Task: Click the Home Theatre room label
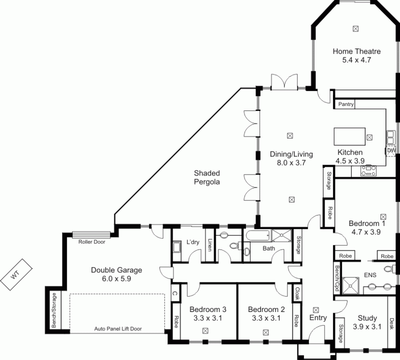[x=356, y=51]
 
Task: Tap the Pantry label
[x=346, y=104]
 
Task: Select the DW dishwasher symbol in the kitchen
[x=391, y=150]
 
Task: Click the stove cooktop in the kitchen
[x=368, y=170]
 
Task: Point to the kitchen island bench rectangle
[x=349, y=136]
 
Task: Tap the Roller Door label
[x=92, y=242]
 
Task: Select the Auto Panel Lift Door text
[x=118, y=329]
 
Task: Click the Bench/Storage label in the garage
[x=54, y=310]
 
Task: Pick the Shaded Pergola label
[x=207, y=177]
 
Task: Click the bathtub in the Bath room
[x=257, y=235]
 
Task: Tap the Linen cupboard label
[x=210, y=245]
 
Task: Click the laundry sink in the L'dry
[x=177, y=247]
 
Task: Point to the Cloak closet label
[x=297, y=293]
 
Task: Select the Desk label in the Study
[x=391, y=323]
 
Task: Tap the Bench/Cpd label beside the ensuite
[x=337, y=278]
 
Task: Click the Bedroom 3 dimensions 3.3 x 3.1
[x=207, y=318]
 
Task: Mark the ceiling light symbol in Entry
[x=316, y=310]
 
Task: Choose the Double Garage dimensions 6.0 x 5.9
[x=116, y=278]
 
